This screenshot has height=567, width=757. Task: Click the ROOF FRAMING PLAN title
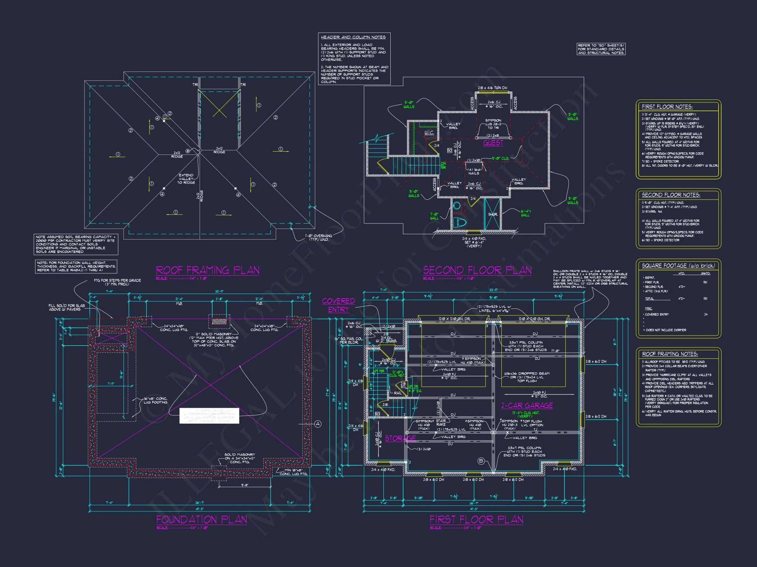207,270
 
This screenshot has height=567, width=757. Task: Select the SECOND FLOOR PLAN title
477,270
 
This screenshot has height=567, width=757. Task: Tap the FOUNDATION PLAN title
201,519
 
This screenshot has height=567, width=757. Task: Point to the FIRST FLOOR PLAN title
476,519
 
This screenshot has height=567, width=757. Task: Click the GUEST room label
493,143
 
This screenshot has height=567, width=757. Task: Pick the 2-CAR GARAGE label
527,405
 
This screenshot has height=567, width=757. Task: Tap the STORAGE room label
401,438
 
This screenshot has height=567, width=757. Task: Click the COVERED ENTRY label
338,305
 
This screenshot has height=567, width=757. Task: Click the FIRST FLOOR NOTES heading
667,107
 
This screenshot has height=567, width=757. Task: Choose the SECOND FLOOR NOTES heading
671,195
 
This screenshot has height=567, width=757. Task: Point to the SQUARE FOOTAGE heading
678,265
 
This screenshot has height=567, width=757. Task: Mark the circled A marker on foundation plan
318,424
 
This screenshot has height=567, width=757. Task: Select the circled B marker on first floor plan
481,461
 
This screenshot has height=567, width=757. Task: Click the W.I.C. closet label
429,132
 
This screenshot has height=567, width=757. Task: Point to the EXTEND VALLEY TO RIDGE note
186,179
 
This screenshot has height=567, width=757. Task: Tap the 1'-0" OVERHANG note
319,238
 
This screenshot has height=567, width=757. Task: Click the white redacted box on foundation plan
209,416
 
